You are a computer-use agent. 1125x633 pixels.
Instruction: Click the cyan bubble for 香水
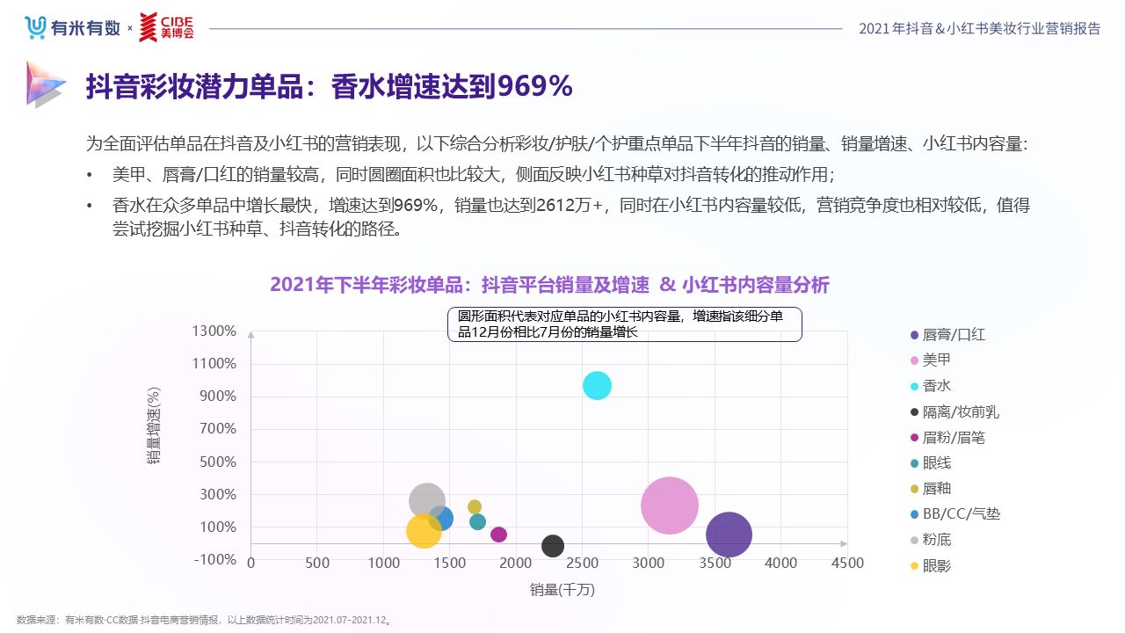[x=597, y=385]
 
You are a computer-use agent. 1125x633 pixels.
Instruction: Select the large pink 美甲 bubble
[x=670, y=506]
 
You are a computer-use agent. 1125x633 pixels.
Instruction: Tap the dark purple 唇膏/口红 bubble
[x=729, y=535]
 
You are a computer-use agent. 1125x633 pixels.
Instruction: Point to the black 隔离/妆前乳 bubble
[x=552, y=546]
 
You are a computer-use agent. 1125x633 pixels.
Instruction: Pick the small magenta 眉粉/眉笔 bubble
[x=498, y=535]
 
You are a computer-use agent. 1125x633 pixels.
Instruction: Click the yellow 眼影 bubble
[x=424, y=531]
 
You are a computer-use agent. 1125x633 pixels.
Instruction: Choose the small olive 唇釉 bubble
[x=475, y=506]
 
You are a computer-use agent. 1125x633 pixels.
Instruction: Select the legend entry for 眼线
[x=936, y=462]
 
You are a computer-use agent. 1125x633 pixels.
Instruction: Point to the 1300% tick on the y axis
[x=214, y=331]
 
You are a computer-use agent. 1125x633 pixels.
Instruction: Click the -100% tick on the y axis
[x=214, y=560]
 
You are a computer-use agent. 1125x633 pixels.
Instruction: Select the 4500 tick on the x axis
[x=847, y=564]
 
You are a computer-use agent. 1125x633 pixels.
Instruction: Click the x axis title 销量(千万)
[x=562, y=590]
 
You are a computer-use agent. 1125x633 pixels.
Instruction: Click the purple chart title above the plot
[x=549, y=285]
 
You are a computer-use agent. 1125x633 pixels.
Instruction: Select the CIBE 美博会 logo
[x=166, y=27]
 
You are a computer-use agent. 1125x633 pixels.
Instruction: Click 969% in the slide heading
[x=535, y=86]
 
